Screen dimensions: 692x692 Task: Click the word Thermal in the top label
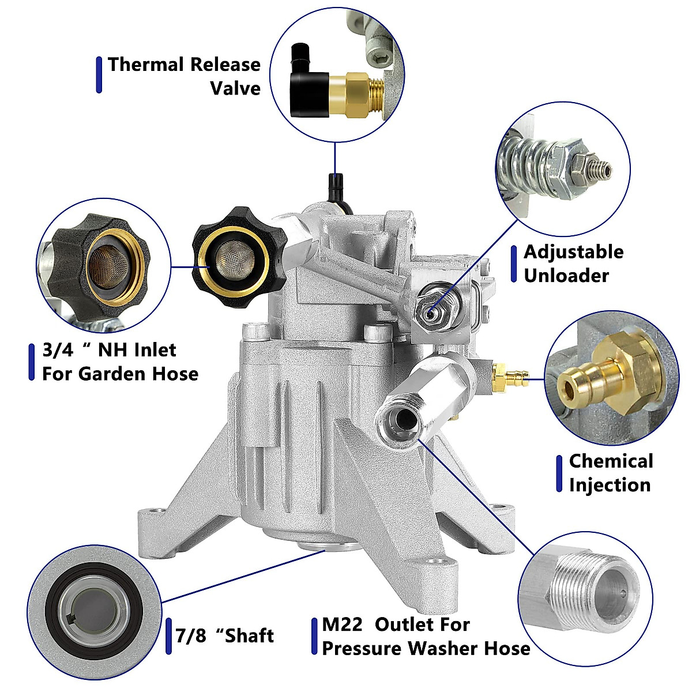point(146,65)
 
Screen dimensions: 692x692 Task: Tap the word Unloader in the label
point(566,276)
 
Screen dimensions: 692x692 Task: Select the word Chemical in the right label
point(611,461)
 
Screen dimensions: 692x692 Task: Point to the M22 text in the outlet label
point(343,625)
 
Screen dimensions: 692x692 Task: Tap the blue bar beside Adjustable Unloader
point(513,264)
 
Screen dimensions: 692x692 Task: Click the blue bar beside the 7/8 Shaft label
point(168,637)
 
